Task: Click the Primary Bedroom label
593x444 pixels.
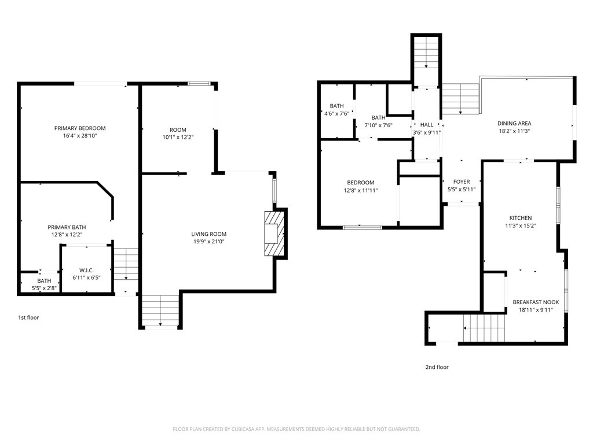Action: (80, 128)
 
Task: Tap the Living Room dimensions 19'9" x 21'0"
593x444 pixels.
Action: (209, 242)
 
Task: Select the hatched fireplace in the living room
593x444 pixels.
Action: (274, 233)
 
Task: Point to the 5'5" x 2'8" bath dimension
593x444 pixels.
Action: (44, 288)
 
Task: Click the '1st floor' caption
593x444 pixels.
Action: (28, 317)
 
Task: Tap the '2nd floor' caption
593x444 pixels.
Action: (437, 367)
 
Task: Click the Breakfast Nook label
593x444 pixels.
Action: (536, 302)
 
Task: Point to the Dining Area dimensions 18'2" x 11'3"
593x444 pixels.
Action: (514, 131)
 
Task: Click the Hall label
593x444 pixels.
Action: (427, 125)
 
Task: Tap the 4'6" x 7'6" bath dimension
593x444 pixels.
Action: (336, 113)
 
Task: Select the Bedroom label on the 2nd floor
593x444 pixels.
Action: (360, 183)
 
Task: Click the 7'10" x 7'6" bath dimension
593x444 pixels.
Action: (378, 125)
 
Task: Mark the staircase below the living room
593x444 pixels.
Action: (160, 311)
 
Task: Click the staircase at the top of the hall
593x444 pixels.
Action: (426, 54)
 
